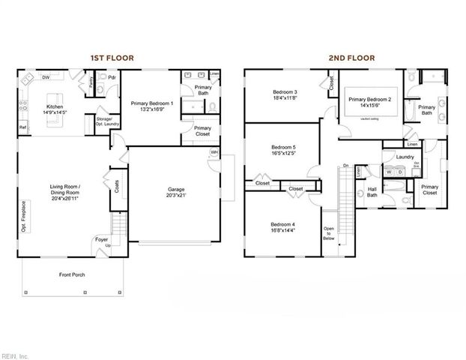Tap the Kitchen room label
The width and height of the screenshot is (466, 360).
(55, 107)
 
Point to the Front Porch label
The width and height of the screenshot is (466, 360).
(72, 275)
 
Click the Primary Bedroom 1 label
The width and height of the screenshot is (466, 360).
(151, 103)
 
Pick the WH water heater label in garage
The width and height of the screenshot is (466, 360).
(214, 153)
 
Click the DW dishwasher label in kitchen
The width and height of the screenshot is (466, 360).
(46, 77)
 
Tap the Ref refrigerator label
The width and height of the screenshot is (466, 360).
(22, 128)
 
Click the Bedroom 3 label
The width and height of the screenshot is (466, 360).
(285, 93)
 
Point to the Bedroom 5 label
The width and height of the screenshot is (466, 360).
(283, 147)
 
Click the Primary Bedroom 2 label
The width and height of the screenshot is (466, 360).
(369, 99)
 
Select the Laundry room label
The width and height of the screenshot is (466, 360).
(405, 157)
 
